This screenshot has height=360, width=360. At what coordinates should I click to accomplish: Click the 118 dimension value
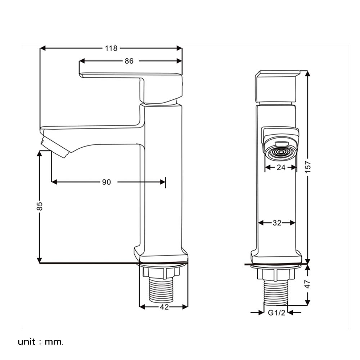point(111,48)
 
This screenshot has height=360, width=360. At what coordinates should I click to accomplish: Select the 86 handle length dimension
point(129,61)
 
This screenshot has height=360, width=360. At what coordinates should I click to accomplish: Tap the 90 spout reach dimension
point(106,182)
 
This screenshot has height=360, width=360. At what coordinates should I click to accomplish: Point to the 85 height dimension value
point(40,206)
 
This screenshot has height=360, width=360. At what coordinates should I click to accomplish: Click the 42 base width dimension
point(164,307)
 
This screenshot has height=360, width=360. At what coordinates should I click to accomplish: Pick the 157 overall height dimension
point(308,167)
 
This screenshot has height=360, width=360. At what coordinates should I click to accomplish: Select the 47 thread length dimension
point(308,284)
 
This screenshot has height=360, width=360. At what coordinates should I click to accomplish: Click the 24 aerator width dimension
point(281,167)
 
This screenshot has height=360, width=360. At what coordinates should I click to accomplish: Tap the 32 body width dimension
point(277,223)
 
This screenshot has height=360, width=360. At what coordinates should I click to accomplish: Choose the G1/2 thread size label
point(276,313)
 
